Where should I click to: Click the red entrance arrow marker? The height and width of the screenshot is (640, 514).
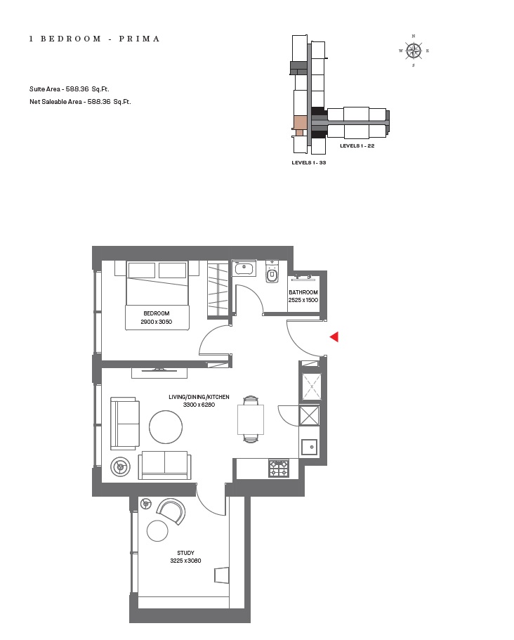[x=334, y=337]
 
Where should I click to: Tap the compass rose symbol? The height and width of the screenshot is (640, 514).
[x=414, y=51]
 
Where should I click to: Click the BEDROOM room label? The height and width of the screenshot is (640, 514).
[x=156, y=313]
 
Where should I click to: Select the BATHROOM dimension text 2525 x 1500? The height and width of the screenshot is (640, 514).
[x=303, y=300]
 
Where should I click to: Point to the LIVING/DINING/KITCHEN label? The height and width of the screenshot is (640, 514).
[x=199, y=397]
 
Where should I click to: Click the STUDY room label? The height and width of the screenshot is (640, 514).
[x=185, y=553]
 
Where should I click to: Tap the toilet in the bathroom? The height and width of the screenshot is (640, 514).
[x=272, y=273]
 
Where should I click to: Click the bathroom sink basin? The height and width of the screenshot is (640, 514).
[x=244, y=268]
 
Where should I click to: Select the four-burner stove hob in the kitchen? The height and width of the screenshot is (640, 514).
[x=279, y=468]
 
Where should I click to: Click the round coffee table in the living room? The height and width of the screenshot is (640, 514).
[x=166, y=426]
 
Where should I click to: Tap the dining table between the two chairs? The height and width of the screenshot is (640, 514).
[x=251, y=419]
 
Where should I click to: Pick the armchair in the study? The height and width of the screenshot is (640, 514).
[x=171, y=511]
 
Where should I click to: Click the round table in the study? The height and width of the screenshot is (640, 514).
[x=157, y=530]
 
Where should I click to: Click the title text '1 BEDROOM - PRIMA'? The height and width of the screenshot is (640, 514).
[x=95, y=39]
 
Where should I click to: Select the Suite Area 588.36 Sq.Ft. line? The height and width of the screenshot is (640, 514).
[x=69, y=89]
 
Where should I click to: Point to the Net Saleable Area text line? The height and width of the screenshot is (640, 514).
[x=80, y=102]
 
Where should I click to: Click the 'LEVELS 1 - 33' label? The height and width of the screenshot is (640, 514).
[x=309, y=162]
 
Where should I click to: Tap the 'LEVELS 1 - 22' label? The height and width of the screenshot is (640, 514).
[x=357, y=146]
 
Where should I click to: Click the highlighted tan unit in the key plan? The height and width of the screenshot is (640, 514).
[x=301, y=122]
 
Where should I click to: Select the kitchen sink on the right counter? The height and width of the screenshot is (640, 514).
[x=309, y=447]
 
